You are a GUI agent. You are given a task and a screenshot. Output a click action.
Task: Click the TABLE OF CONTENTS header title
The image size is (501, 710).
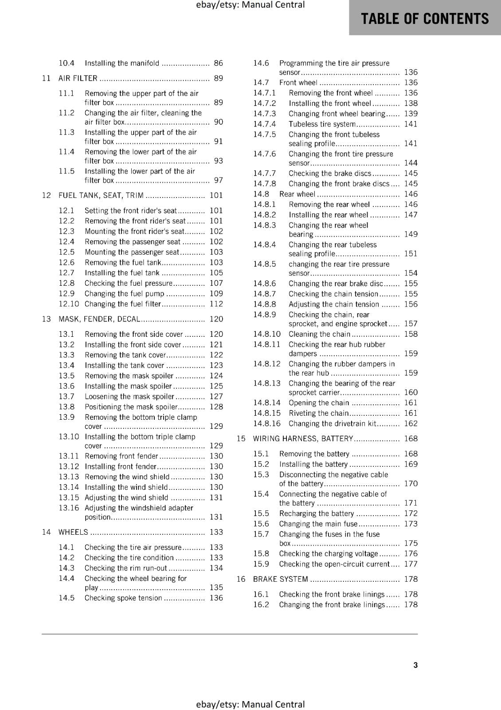[425, 19]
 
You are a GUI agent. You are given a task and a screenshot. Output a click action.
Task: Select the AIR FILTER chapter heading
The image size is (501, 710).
[78, 79]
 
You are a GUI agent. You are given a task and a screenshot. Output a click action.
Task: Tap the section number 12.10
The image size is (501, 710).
[69, 304]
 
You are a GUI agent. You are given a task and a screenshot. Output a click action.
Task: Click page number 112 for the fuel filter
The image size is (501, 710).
[216, 304]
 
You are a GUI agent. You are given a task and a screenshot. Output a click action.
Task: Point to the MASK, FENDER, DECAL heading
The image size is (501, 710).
[99, 319]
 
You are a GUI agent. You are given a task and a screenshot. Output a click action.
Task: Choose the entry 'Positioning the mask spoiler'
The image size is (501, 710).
[131, 407]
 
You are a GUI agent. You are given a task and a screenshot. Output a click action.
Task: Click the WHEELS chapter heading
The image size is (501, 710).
[73, 532]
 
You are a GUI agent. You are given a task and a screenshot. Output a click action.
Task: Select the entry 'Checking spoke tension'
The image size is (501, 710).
[123, 598]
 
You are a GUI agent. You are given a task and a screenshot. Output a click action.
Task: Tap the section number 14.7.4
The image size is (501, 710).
[264, 124]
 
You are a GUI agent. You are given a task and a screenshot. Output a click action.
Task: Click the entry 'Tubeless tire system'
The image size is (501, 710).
[322, 124]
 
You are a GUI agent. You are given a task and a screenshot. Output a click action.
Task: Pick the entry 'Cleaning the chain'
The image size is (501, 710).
[319, 334]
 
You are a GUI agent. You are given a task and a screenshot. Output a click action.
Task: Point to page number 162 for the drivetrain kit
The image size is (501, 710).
[411, 424]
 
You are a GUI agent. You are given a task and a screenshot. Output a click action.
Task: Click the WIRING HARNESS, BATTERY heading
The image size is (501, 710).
[303, 439]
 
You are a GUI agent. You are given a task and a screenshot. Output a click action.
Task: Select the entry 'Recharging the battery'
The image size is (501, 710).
[317, 513]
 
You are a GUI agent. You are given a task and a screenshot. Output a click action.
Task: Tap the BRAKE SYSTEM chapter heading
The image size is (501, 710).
[280, 579]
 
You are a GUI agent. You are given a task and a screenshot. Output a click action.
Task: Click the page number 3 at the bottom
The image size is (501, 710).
[415, 665]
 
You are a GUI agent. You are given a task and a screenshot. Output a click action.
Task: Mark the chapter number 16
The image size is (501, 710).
[241, 579]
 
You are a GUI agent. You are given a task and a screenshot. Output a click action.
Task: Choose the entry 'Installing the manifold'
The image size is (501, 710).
[122, 63]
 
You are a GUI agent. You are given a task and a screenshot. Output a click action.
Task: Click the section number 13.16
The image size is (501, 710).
[69, 508]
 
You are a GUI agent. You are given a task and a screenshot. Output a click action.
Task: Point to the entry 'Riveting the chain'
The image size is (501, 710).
[318, 413]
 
